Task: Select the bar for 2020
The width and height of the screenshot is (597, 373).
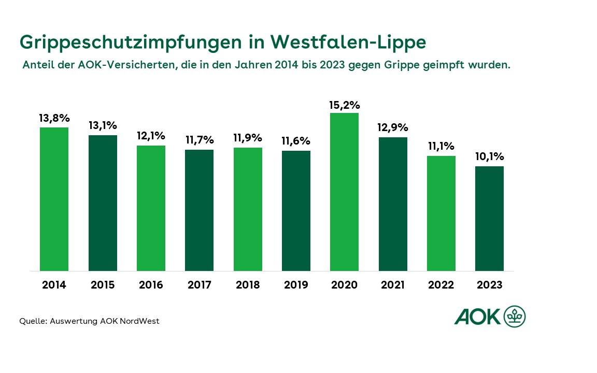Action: tap(344, 192)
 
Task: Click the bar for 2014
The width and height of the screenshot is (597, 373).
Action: tap(54, 199)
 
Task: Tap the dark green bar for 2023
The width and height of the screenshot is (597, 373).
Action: tap(489, 218)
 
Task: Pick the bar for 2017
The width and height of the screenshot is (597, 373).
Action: tap(199, 210)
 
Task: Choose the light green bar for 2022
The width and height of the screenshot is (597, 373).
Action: tap(441, 213)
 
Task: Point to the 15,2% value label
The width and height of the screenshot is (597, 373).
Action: tap(344, 105)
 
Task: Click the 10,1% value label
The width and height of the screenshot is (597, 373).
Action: tap(489, 157)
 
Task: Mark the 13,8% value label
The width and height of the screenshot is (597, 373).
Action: tap(54, 118)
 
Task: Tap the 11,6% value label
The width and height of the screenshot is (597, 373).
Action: tap(296, 141)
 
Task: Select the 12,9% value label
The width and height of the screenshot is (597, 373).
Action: tap(392, 127)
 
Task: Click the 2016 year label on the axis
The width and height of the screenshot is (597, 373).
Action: tap(151, 285)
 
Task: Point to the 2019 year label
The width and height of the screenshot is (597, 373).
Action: tap(296, 285)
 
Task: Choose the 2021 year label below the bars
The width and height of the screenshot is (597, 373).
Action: tap(392, 285)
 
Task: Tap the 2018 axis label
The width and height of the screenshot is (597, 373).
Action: tap(248, 285)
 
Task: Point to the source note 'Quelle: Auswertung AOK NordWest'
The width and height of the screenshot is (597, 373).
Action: tap(89, 321)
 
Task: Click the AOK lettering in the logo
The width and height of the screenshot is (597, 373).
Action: tap(477, 317)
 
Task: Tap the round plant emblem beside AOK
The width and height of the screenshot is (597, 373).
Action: tap(514, 316)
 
